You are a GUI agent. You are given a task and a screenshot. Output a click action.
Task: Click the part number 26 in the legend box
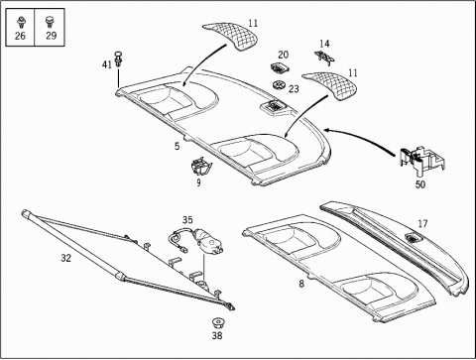[20, 36]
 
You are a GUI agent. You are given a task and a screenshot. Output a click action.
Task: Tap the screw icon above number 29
[50, 22]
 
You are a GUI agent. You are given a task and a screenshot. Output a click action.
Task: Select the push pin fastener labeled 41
[117, 60]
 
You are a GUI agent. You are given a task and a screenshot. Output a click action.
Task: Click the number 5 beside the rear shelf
[178, 146]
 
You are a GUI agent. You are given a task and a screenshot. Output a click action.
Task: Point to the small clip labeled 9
[201, 166]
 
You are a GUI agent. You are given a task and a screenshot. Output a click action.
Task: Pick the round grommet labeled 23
[280, 85]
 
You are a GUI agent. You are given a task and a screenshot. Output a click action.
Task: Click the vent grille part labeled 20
[280, 68]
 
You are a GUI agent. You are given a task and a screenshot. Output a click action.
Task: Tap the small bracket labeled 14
[324, 58]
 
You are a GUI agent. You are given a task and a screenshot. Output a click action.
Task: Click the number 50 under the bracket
[420, 184]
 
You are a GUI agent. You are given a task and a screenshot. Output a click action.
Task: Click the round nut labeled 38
[217, 322]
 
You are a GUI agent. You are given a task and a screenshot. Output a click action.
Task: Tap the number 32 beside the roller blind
[65, 258]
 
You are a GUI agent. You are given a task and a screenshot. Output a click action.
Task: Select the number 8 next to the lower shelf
[301, 284]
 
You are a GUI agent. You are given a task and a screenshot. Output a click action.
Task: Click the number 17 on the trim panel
[422, 224]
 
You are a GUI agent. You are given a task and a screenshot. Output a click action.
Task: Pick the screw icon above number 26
[22, 23]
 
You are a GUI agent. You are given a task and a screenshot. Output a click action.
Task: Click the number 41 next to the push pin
[107, 64]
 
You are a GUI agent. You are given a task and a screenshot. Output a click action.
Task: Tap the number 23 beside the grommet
[294, 89]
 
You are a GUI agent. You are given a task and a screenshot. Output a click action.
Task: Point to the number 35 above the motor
[187, 220]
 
